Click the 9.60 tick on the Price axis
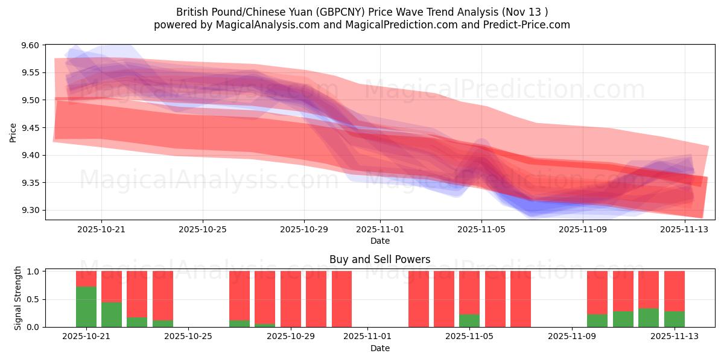coord(30,45)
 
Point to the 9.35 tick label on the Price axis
coord(30,183)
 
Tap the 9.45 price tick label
coord(30,128)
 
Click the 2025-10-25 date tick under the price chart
coord(203,229)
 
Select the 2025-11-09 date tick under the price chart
coord(582,229)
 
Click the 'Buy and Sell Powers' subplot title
coord(379,259)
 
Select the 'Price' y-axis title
coord(13,132)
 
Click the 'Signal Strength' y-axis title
coord(18,298)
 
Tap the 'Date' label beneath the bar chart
coord(379,348)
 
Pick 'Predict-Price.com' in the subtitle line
coord(526,25)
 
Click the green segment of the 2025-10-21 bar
coord(86,307)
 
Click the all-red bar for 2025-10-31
coord(341,299)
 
